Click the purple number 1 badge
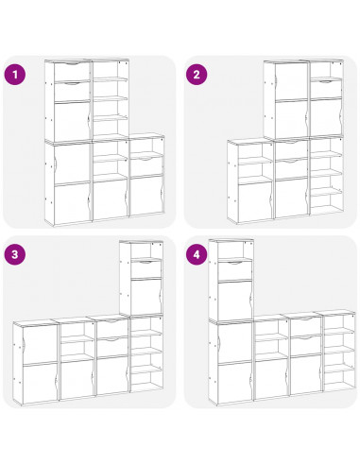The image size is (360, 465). [15, 75]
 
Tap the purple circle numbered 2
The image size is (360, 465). [197, 75]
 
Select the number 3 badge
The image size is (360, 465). [15, 254]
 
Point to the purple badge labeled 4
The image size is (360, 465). [197, 254]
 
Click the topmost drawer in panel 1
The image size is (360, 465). [72, 72]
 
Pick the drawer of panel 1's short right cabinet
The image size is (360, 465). [146, 165]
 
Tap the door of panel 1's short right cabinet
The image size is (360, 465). [146, 196]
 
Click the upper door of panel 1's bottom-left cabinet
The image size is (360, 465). [72, 163]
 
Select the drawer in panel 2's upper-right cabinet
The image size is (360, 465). [326, 89]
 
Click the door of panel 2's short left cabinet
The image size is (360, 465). [255, 201]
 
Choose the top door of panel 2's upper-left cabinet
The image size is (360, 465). [291, 81]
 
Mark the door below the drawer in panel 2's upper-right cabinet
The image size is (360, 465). [326, 117]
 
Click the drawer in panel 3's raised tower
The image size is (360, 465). [146, 268]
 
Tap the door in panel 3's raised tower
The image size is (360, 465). [146, 296]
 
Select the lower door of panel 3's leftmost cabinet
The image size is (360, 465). [40, 383]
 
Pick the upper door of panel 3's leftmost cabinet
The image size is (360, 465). [40, 345]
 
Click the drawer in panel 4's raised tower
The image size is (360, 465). [235, 270]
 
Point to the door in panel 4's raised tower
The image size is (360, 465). [235, 300]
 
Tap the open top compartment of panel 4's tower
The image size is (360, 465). [235, 250]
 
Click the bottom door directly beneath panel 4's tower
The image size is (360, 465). [235, 383]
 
